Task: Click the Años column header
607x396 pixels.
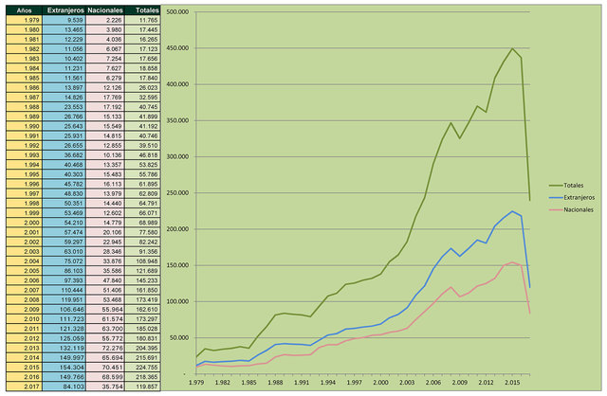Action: [24, 9]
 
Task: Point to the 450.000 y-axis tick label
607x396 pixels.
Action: [176, 47]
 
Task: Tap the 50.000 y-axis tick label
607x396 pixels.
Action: [178, 338]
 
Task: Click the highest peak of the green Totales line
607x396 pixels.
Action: [513, 48]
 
